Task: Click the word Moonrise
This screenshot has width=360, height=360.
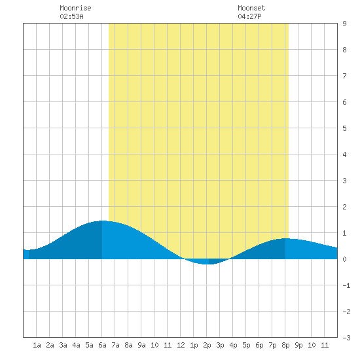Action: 75,8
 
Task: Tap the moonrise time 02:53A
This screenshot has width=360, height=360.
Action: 71,16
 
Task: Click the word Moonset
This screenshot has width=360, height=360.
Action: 251,8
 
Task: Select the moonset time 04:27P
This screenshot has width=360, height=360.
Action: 249,16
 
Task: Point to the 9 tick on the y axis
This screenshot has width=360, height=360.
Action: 344,24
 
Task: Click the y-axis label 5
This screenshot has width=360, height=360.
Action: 344,128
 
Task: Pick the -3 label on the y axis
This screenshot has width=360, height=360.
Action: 346,338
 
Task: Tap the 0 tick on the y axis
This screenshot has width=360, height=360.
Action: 344,259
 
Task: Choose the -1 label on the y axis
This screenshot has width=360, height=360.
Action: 346,285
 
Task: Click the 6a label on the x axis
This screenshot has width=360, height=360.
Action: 102,345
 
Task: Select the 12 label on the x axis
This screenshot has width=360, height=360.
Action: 181,345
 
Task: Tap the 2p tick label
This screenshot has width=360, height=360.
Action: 207,345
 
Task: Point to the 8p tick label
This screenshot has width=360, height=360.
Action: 285,345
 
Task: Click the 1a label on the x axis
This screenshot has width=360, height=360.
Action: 37,345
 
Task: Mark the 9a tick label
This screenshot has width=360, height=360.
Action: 141,345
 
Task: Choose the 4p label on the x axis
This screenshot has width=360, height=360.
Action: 233,345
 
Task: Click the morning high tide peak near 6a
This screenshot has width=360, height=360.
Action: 102,221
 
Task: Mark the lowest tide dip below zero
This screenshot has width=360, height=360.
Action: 206,264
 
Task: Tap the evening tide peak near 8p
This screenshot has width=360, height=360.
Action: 285,238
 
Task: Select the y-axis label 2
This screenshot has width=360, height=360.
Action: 344,207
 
